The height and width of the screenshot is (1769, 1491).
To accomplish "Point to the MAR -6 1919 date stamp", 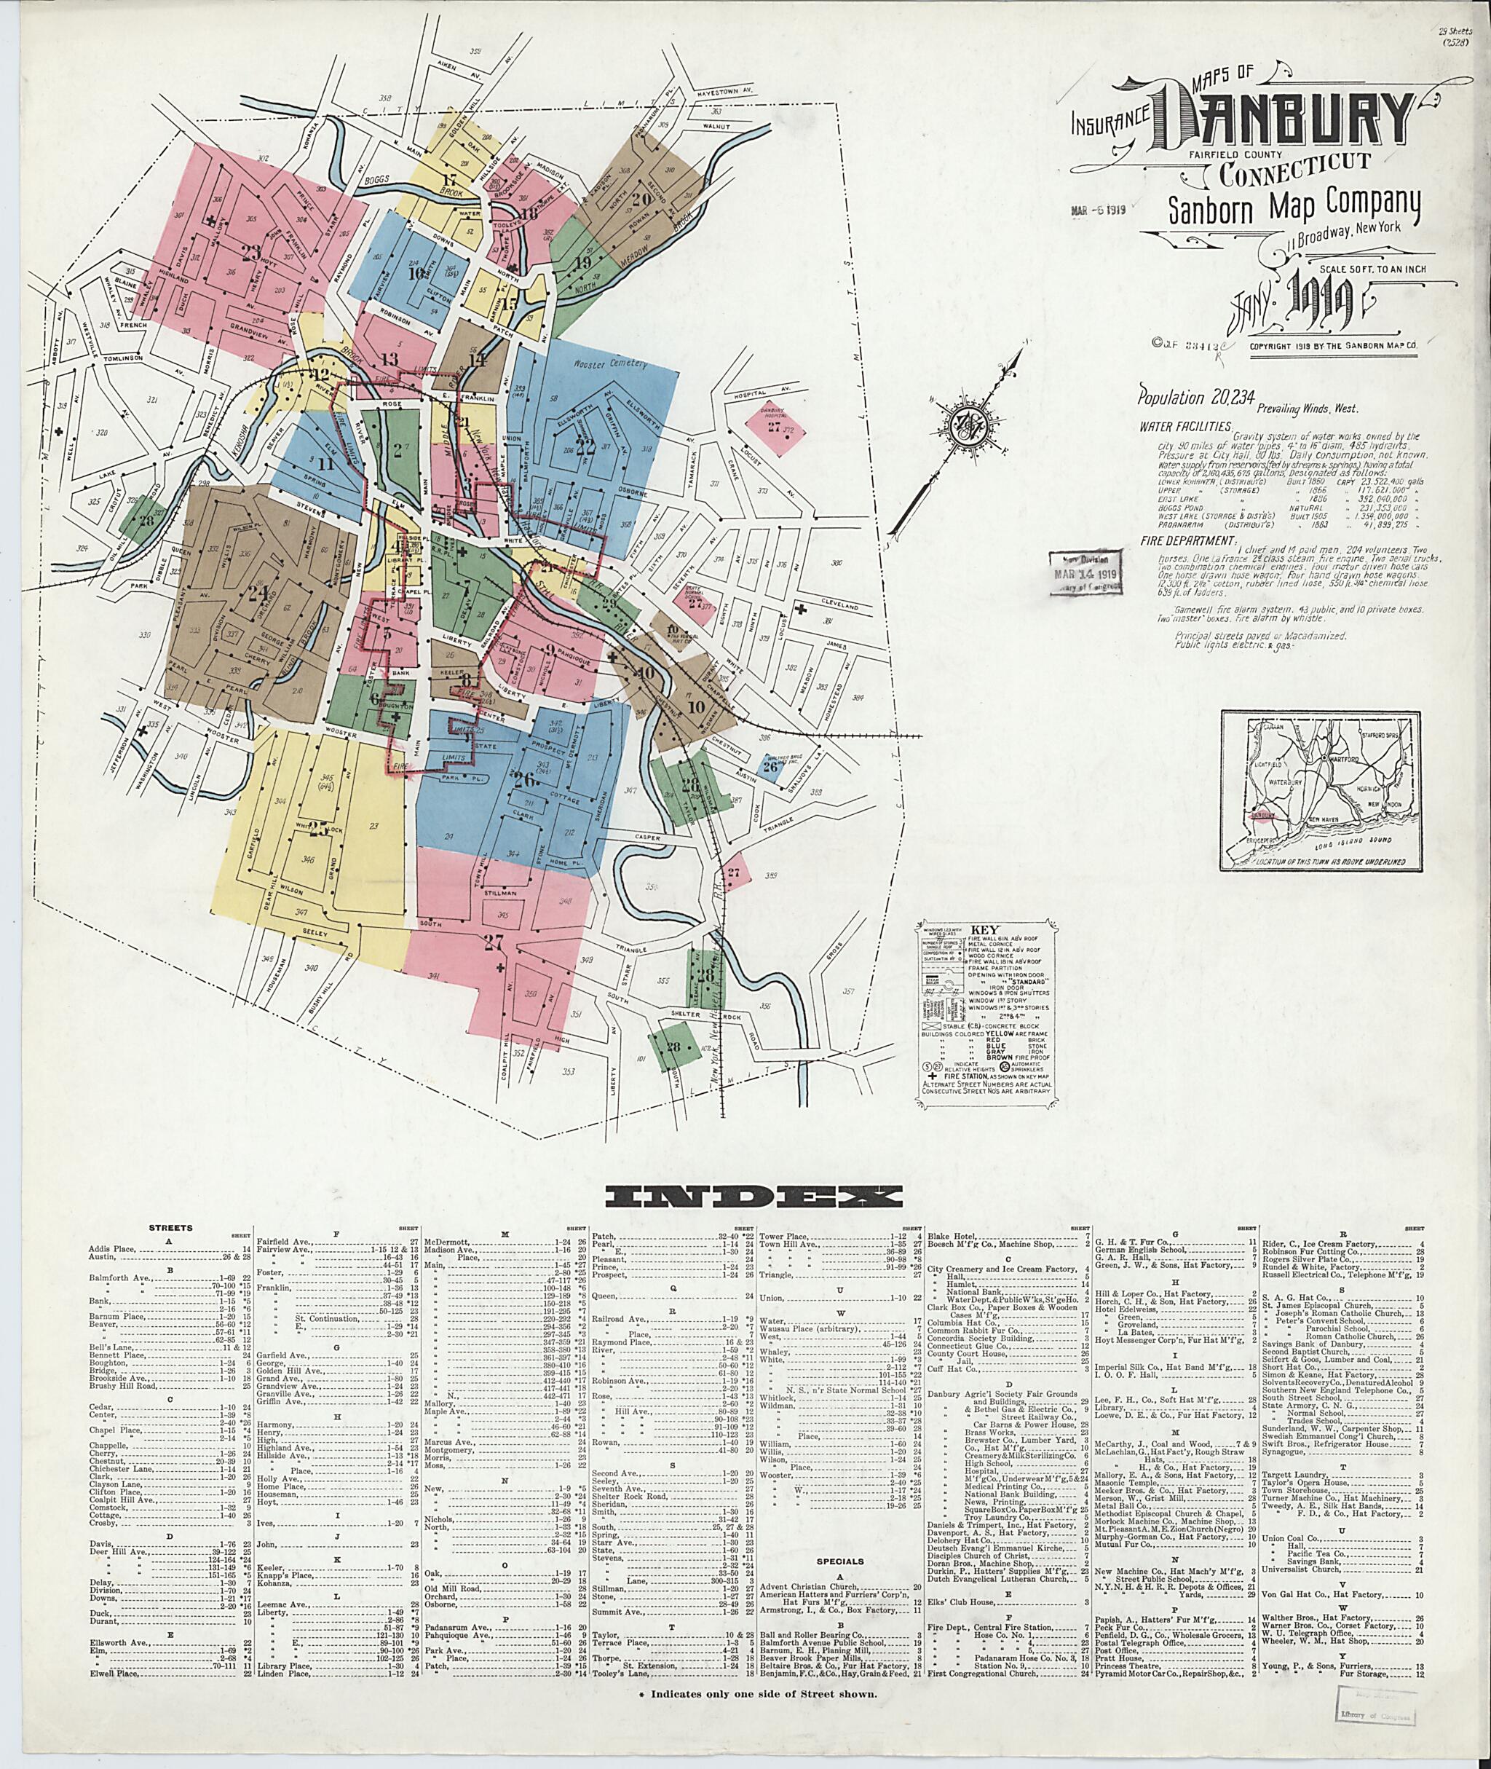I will tap(1096, 210).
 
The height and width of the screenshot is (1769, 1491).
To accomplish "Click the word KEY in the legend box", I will tap(985, 927).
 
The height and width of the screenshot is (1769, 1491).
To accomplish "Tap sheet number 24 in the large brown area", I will tap(257, 592).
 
